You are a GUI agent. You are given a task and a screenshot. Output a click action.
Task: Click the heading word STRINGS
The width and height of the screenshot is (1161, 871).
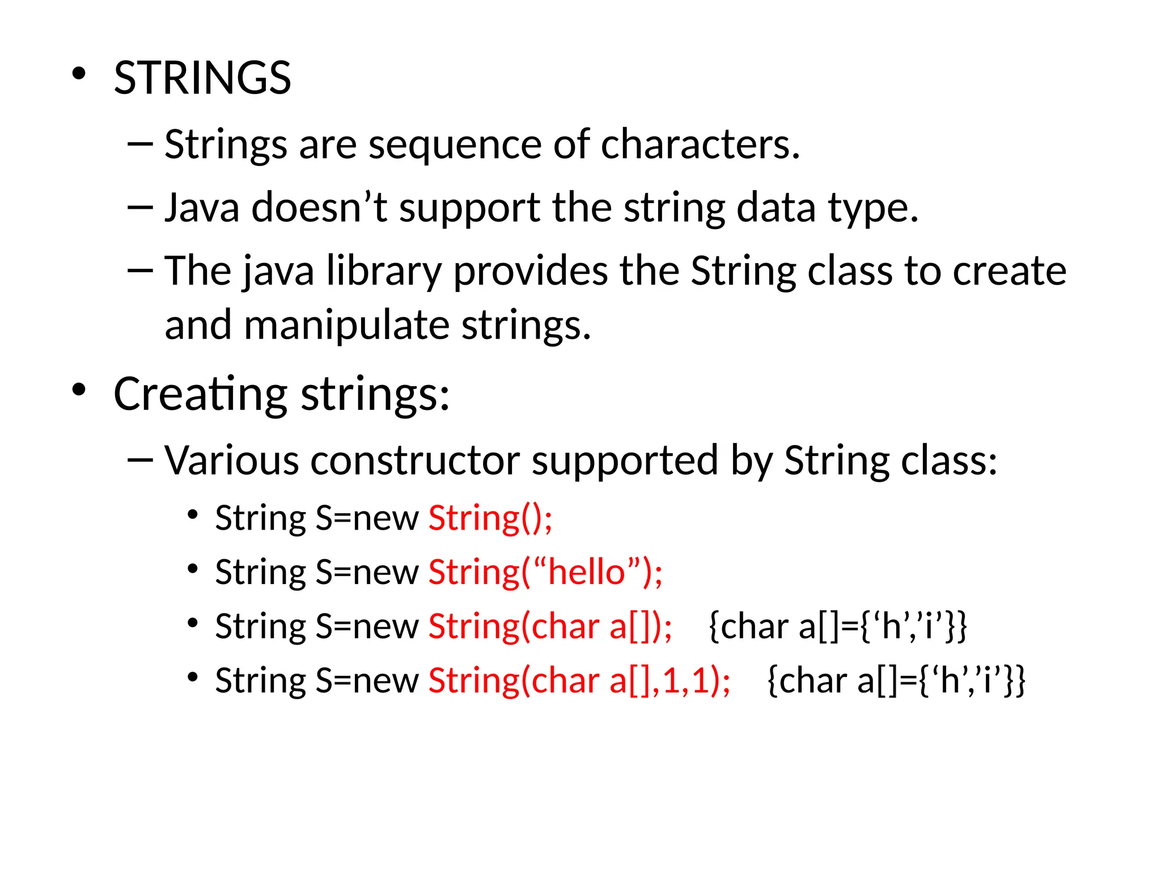[202, 78]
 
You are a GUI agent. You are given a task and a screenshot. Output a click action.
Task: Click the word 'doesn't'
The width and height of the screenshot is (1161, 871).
[319, 208]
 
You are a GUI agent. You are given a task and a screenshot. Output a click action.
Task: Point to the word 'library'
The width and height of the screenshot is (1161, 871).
[384, 271]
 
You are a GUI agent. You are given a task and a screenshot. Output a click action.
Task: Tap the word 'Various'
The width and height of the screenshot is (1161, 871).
[231, 460]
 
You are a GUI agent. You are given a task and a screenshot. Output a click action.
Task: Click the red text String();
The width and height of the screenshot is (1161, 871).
[490, 518]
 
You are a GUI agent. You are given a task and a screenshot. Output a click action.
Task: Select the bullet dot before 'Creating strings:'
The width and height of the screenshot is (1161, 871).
[79, 390]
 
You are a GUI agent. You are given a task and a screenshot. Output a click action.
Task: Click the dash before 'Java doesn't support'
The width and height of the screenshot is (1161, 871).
[140, 208]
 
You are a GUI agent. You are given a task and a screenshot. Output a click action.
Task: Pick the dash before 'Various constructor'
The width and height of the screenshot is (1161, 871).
[140, 460]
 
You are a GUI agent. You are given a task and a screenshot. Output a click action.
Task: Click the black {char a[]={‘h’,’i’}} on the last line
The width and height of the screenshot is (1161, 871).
[896, 680]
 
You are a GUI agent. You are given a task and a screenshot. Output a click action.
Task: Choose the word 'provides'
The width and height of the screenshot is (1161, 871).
[530, 271]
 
